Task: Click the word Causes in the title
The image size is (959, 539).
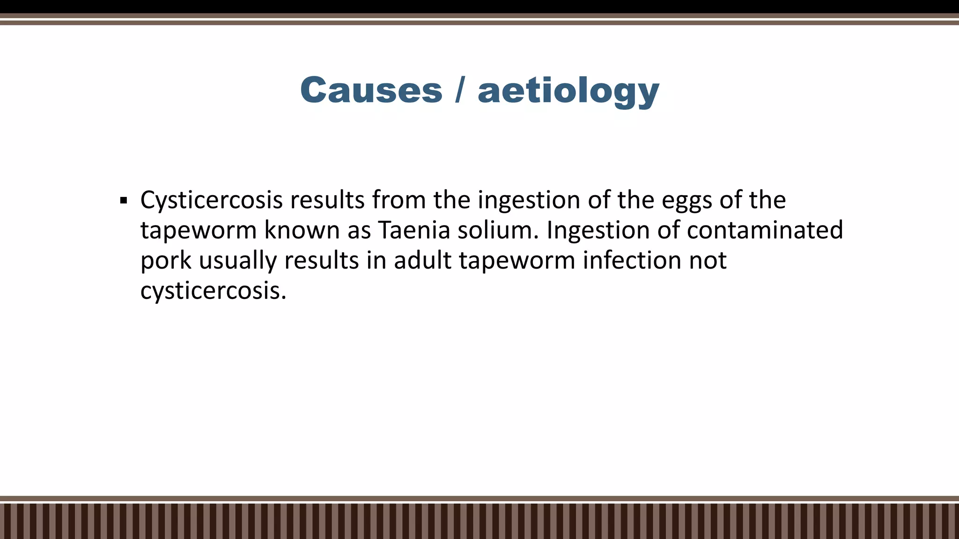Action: pos(371,90)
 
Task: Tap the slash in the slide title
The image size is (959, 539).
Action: pos(460,90)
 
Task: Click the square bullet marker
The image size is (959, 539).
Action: pos(124,201)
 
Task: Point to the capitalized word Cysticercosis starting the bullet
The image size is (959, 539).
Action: pos(211,200)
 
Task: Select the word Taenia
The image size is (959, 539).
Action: pos(413,230)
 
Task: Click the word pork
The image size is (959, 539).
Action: pos(166,261)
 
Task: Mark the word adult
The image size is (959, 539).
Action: pos(422,260)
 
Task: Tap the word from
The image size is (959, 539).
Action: pos(398,200)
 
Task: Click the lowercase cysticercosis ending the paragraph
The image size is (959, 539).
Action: pos(213,291)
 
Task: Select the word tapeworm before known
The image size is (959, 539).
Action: pos(199,231)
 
